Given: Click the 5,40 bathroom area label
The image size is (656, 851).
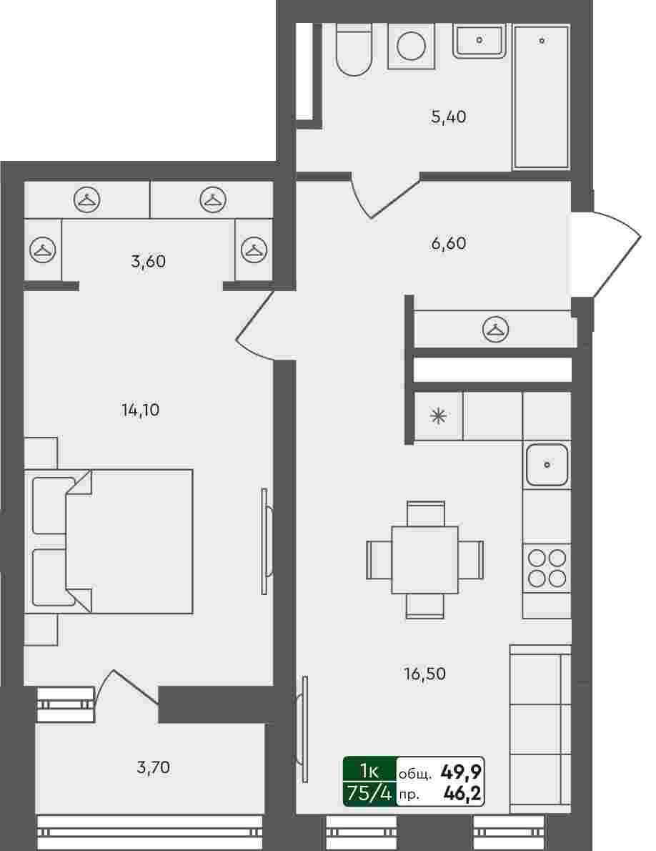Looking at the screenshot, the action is pos(448,117).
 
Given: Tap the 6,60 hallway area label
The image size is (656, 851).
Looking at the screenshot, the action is pos(448,243).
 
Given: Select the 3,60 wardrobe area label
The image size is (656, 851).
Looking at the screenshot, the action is pos(148,262).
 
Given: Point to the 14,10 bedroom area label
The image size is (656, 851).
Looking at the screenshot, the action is pos(140,410).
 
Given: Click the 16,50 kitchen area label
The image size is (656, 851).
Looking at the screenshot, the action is pos(425,674).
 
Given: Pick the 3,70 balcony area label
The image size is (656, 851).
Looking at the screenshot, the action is pos(154,767).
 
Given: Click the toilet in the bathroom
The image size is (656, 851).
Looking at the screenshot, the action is pos(354,49).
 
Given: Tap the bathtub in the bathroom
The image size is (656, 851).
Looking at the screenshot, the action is pos(541,97).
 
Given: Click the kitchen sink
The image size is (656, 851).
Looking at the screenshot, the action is pos(547,465).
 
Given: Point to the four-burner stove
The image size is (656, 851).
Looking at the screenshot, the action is pos(547,568).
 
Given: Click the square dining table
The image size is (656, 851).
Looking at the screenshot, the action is pos(425,559).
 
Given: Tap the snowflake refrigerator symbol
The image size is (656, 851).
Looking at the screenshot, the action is pos(439,416).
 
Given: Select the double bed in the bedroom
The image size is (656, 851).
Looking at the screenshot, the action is pos(109,541).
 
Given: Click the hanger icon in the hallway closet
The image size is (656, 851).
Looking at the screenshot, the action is pos(495,329).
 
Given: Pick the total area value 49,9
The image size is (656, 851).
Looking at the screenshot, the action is pos(462,770).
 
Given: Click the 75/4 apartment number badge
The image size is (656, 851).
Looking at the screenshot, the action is pos(369,794).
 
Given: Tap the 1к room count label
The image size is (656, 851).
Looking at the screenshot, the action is pos(369,770).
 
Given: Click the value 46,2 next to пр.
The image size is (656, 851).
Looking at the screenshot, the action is pos(462,794).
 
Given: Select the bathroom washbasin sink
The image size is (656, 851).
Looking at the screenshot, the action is pos(479,40).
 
